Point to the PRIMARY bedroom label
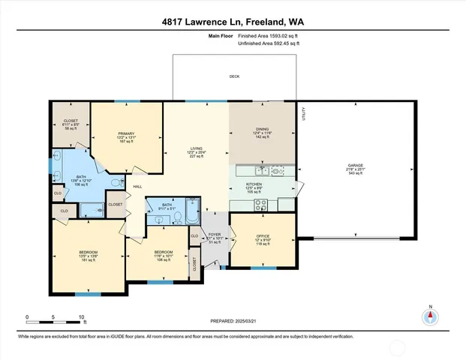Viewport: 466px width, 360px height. pos(125,133)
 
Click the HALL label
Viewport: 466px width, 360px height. pos(137,186)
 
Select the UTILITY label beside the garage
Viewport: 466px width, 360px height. pos(304,115)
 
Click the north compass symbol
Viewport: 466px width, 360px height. pos(430,316)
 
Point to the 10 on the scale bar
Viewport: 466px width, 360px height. pos(82,316)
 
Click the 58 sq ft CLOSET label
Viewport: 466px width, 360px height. pos(71,125)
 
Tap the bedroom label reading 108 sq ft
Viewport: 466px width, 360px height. pos(163,256)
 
